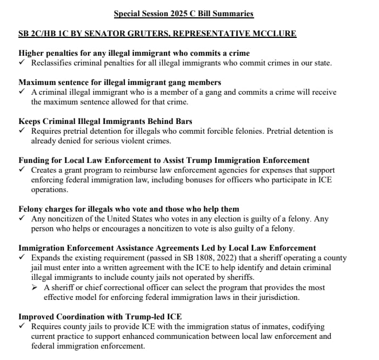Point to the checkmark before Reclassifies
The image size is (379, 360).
tap(22, 63)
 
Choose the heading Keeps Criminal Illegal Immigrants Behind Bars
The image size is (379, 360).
tap(105, 121)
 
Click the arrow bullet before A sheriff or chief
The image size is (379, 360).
tap(36, 287)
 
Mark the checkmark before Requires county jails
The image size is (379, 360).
tap(22, 326)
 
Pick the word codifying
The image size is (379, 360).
tap(308, 326)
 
